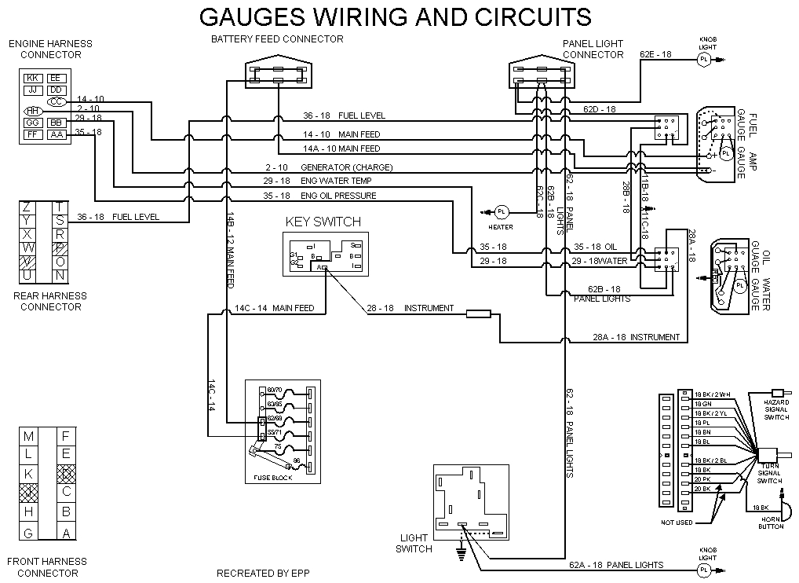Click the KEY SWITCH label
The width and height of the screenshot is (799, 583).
tap(323, 222)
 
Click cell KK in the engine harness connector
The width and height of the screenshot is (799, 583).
tap(33, 78)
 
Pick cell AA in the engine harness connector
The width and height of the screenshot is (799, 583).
tap(57, 134)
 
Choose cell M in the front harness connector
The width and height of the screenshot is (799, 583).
tap(29, 436)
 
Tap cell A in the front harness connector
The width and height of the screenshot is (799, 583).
tap(67, 533)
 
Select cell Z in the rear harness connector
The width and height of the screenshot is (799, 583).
tap(27, 207)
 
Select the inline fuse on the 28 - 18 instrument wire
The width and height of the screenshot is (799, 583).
tap(478, 314)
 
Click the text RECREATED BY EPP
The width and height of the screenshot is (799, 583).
tap(263, 573)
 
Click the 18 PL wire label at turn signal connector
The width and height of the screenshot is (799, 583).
tap(702, 422)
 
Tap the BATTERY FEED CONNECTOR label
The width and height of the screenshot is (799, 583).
tap(277, 39)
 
